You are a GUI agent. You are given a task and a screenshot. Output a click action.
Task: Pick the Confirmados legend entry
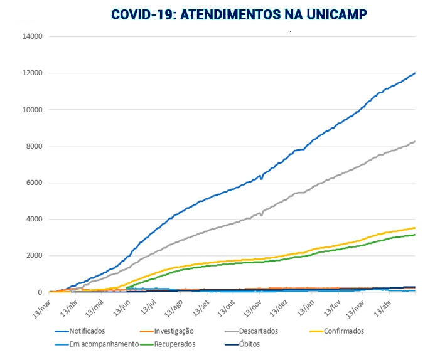tap(340, 331)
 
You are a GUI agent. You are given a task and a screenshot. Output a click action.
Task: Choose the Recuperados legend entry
tap(173, 344)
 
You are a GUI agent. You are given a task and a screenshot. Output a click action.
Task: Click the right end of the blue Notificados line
tap(415, 73)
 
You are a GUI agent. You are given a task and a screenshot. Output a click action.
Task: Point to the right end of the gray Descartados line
tap(415, 142)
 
